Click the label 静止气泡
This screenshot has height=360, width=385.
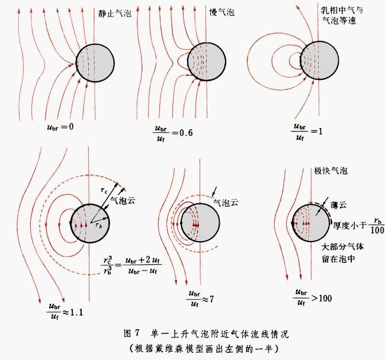pyautogui.click(x=115, y=14)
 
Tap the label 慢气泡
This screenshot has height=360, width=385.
pyautogui.click(x=222, y=12)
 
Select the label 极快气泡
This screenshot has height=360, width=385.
pyautogui.click(x=331, y=171)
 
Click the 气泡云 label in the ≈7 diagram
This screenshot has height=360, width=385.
pyautogui.click(x=226, y=202)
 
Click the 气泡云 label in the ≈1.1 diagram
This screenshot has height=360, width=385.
pyautogui.click(x=123, y=201)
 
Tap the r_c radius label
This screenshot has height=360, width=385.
pyautogui.click(x=104, y=191)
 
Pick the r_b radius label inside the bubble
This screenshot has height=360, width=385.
pyautogui.click(x=98, y=226)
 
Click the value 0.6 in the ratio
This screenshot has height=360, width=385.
pyautogui.click(x=186, y=133)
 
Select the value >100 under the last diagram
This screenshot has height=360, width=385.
pyautogui.click(x=322, y=298)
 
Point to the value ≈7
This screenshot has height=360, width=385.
pyautogui.click(x=208, y=300)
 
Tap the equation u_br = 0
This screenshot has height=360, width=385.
pyautogui.click(x=60, y=127)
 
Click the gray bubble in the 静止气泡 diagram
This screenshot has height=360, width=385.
pyautogui.click(x=95, y=63)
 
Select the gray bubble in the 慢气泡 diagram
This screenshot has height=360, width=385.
pyautogui.click(x=207, y=62)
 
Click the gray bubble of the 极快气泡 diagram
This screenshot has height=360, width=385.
pyautogui.click(x=311, y=223)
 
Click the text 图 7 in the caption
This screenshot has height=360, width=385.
pyautogui.click(x=132, y=333)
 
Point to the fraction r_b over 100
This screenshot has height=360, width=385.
pyautogui.click(x=377, y=225)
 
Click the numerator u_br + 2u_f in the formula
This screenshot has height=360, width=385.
pyautogui.click(x=142, y=260)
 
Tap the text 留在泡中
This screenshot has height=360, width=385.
pyautogui.click(x=339, y=259)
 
